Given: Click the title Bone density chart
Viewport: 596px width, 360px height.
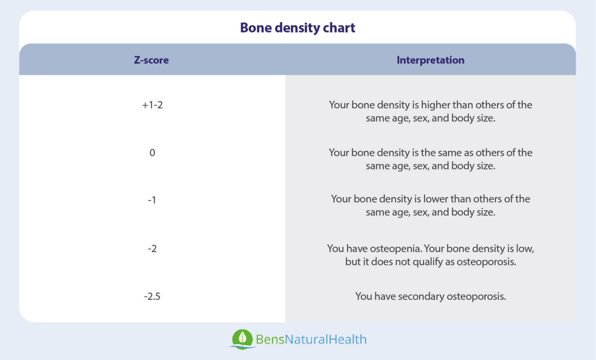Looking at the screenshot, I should click(x=298, y=28).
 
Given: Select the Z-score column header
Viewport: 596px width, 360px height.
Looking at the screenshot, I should click(x=151, y=60).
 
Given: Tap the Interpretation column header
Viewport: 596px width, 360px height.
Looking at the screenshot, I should click(x=430, y=60).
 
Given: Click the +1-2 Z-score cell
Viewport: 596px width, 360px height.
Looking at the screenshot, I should click(x=152, y=105).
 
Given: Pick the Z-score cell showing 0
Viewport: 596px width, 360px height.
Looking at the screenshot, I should click(x=152, y=153).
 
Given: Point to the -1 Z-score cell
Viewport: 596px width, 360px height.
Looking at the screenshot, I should click(x=152, y=200).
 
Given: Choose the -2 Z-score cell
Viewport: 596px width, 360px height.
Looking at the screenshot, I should click(x=152, y=249).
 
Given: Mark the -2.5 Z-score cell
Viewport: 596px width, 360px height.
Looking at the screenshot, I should click(x=152, y=296).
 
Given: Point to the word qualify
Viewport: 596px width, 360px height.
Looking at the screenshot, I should click(x=428, y=262).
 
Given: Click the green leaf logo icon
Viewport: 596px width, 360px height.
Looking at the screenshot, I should click(x=243, y=339).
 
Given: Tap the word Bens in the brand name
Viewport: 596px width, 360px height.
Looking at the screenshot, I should click(x=270, y=339).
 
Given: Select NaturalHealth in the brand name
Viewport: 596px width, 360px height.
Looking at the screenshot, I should click(x=326, y=339).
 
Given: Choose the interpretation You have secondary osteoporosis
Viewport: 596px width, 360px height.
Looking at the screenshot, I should click(x=430, y=296).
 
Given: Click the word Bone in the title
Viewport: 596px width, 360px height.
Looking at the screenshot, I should click(x=256, y=28).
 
